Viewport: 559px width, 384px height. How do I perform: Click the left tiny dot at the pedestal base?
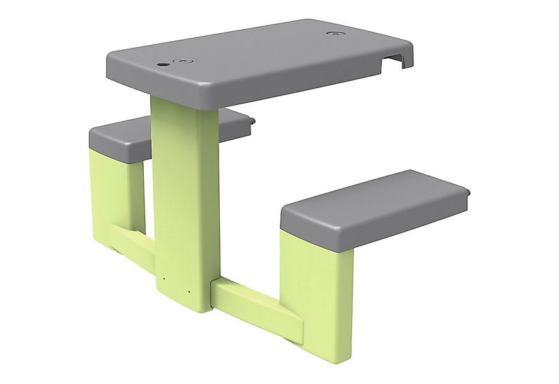point(164,279)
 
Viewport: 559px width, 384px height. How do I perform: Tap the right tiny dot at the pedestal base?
point(189,292)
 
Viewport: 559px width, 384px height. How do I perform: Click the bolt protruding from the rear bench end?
point(253,120)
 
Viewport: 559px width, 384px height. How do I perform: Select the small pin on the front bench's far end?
point(470,193)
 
